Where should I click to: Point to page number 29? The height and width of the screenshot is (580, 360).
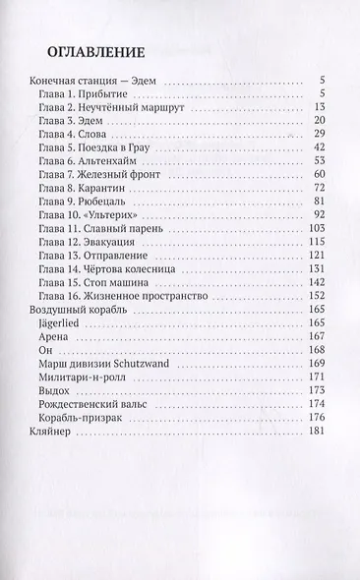click(x=319, y=135)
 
